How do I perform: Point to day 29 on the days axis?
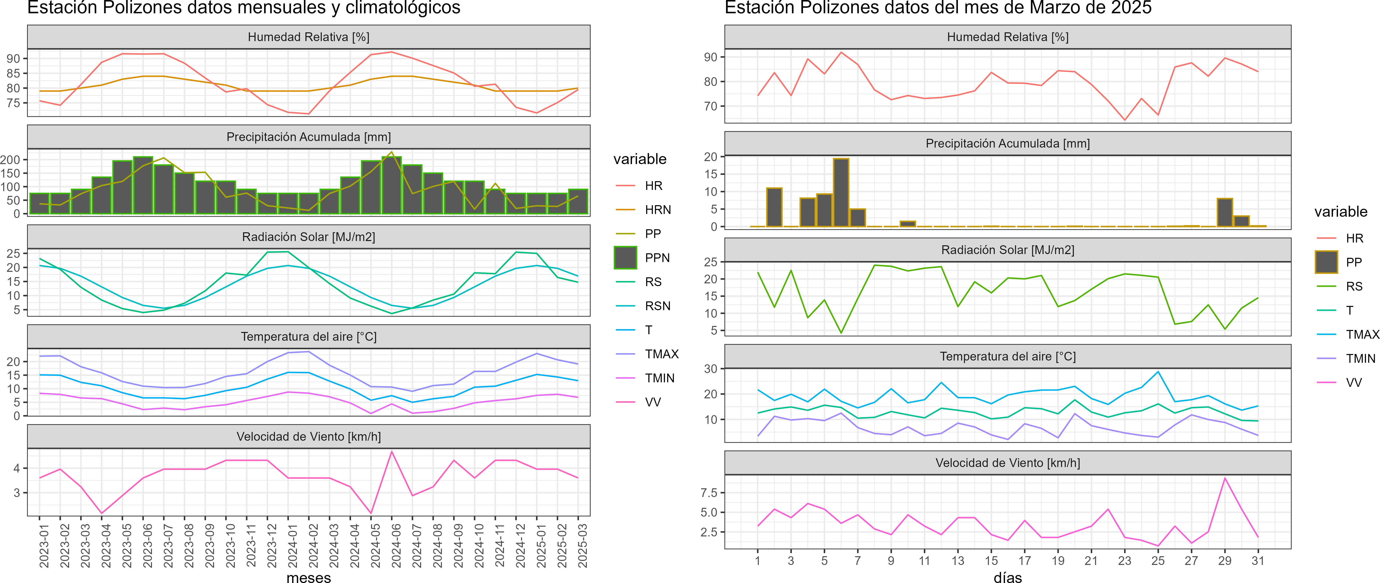pyautogui.click(x=1225, y=560)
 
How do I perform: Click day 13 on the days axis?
pyautogui.click(x=958, y=560)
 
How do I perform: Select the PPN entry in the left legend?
pyautogui.click(x=657, y=258)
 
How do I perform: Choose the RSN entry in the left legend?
pyautogui.click(x=657, y=306)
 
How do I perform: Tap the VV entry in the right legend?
pyautogui.click(x=1354, y=383)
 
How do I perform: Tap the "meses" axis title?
pyautogui.click(x=308, y=577)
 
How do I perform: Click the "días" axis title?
pyautogui.click(x=1008, y=577)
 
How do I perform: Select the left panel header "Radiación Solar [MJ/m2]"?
pyautogui.click(x=308, y=237)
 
